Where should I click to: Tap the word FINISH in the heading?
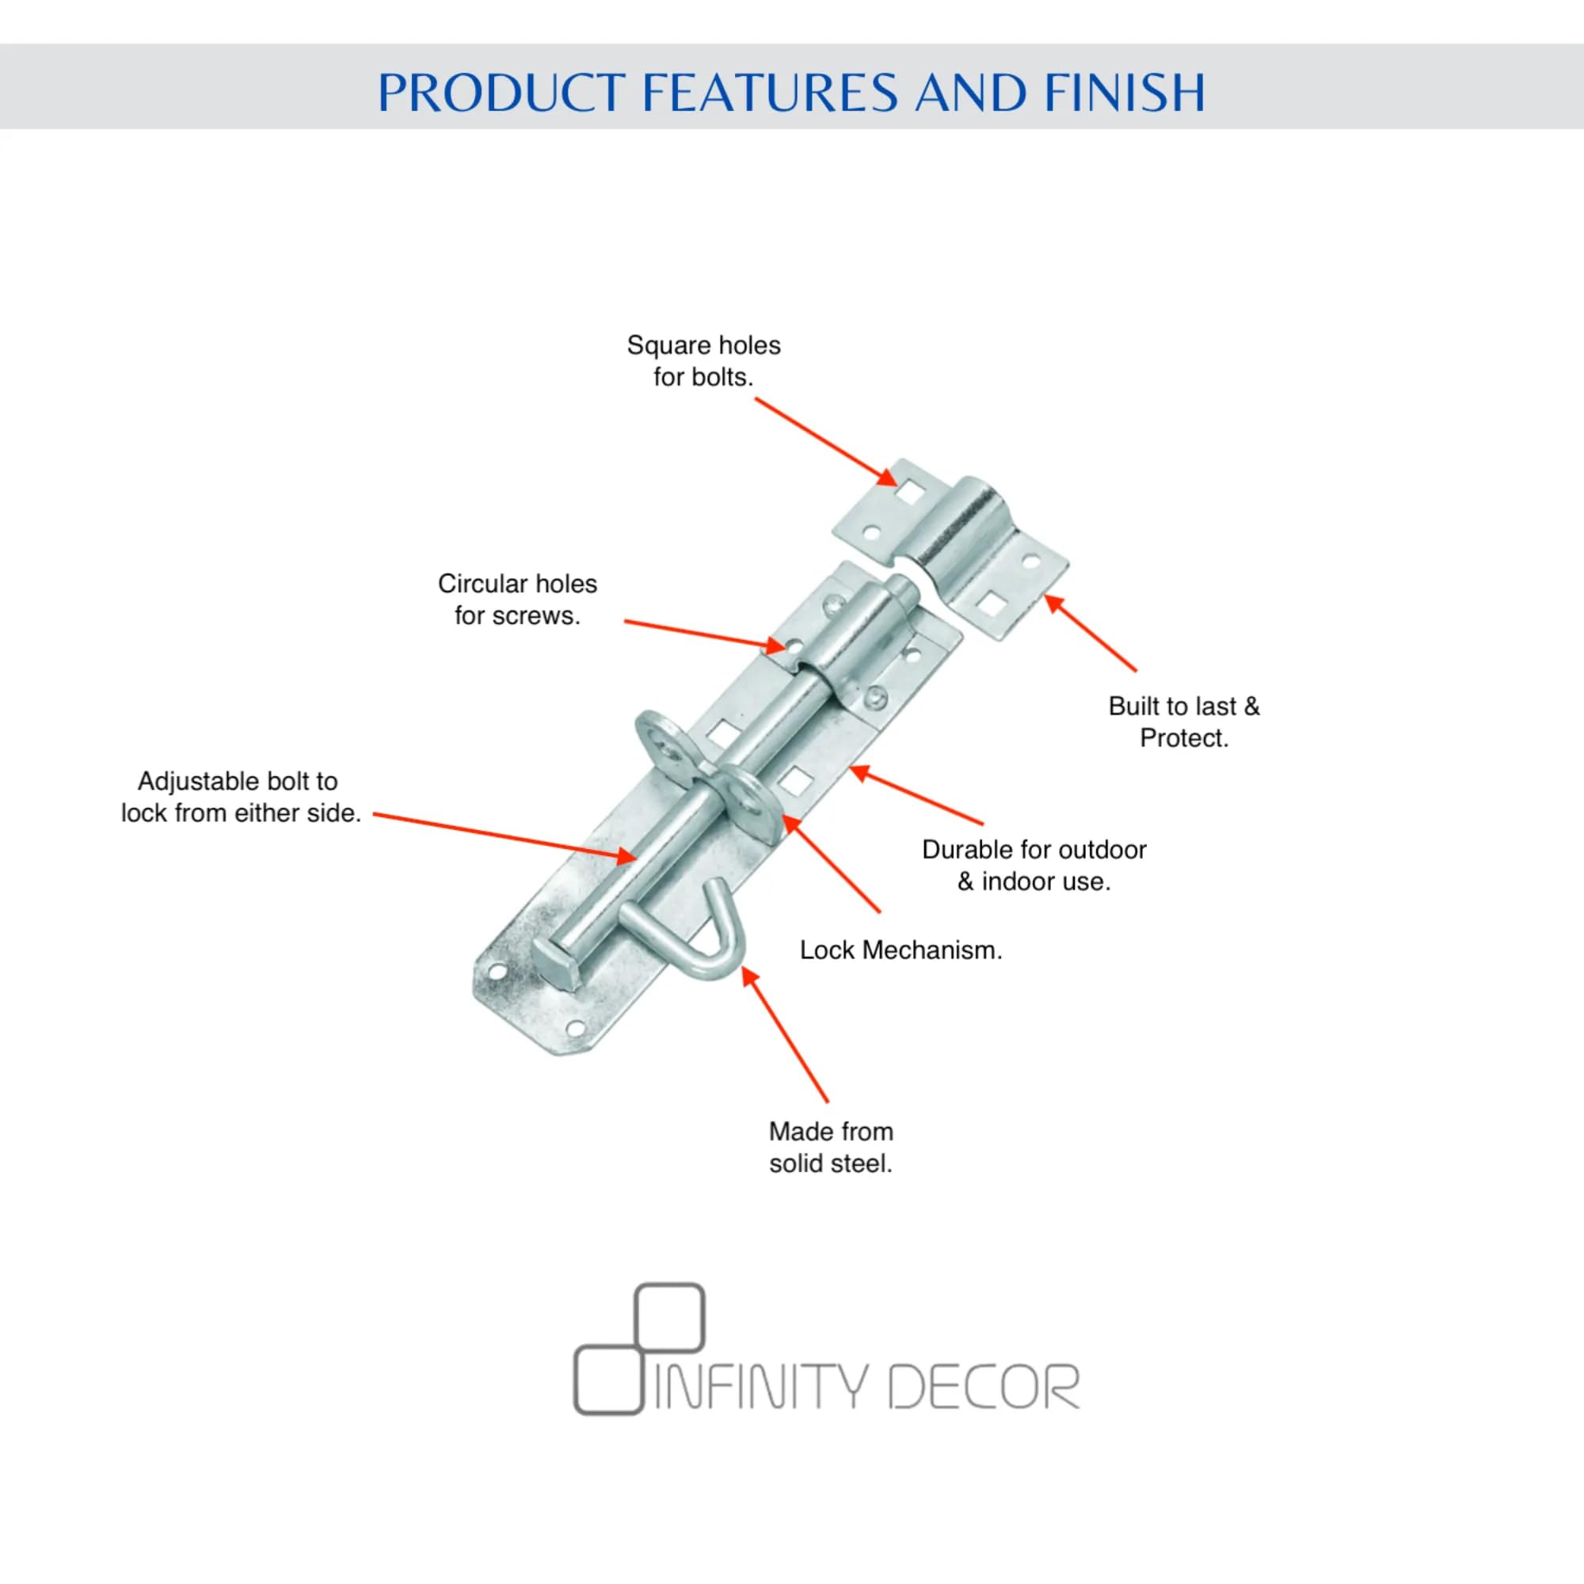pyautogui.click(x=1124, y=92)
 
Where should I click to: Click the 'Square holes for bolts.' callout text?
pyautogui.click(x=703, y=360)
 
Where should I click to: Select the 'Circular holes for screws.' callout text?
pyautogui.click(x=517, y=600)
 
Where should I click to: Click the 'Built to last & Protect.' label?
pyautogui.click(x=1183, y=722)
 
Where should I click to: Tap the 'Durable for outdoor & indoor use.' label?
pyautogui.click(x=1033, y=866)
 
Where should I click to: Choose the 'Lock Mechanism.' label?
pyautogui.click(x=901, y=950)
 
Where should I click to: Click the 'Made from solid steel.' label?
pyautogui.click(x=831, y=1148)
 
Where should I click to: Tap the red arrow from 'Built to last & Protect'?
pyautogui.click(x=1091, y=633)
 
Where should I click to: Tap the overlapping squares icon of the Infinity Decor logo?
pyautogui.click(x=638, y=1349)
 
